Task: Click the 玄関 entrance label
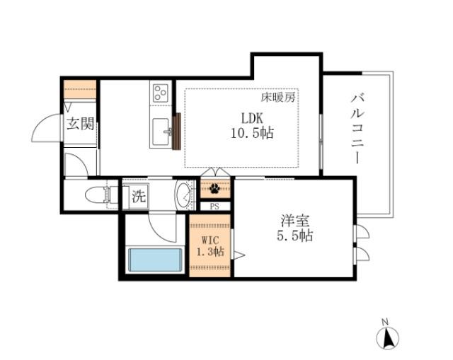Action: tap(80, 125)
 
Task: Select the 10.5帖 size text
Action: tap(251, 132)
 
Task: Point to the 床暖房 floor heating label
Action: tap(278, 97)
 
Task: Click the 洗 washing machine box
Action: tap(137, 197)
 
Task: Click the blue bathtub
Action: tap(154, 259)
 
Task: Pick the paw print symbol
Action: tap(214, 189)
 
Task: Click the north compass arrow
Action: tap(388, 337)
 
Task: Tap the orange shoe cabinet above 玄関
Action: tap(80, 90)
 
